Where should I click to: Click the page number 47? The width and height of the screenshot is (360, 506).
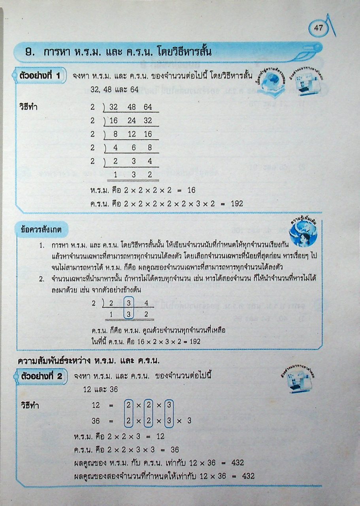coord(319,28)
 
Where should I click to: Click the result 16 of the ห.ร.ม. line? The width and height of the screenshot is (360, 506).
coord(192,190)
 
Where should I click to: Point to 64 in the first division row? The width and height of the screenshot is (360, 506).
coord(148,107)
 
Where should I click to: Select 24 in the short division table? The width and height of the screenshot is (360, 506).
coord(132,121)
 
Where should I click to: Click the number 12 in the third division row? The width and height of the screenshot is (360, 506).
coord(132,134)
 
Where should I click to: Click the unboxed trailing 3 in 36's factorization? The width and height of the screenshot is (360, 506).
coord(189,421)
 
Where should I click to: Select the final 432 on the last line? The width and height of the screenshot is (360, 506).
coord(248,476)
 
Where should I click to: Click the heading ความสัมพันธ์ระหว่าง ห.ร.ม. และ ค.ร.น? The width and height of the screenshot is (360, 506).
coord(89,361)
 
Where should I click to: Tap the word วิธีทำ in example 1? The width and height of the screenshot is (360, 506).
coord(28,107)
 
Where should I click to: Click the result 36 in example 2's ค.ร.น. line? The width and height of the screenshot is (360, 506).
coord(175,450)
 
